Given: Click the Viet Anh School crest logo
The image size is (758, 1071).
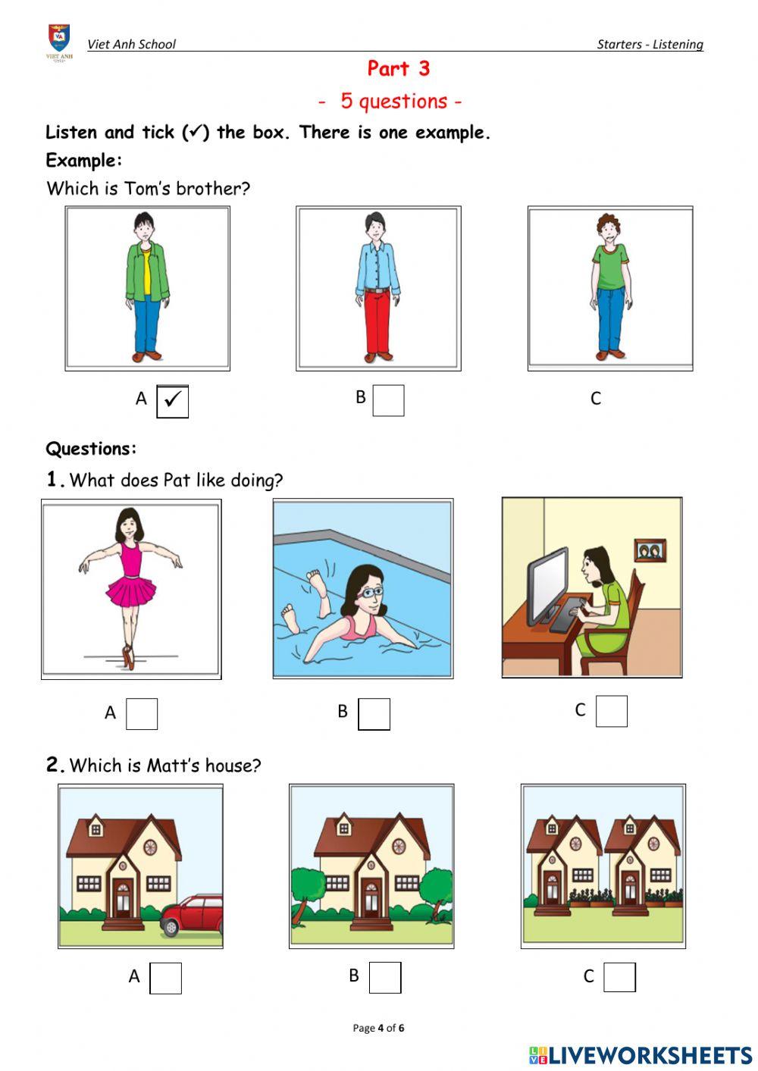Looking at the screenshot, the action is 59,42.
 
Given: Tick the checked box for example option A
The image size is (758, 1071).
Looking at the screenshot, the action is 172,401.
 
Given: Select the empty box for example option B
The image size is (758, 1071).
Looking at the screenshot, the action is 388,400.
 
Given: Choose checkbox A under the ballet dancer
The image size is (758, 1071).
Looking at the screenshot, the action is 142,714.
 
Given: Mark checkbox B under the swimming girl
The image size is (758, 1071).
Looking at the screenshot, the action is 374,714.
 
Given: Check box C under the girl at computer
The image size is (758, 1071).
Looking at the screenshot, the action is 611,711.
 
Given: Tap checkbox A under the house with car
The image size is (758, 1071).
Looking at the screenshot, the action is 165,979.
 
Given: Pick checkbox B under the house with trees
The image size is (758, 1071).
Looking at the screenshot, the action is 385,977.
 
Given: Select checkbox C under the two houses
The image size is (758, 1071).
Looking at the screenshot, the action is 619,977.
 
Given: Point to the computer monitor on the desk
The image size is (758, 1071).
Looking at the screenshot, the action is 547,587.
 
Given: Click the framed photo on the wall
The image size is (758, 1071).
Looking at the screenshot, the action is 650,550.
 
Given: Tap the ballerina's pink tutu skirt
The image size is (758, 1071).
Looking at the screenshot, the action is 130,591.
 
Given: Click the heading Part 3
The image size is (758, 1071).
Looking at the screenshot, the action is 399,68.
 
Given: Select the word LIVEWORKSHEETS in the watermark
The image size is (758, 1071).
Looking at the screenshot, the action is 650,1055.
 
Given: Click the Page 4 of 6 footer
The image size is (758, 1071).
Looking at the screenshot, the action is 378,1028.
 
